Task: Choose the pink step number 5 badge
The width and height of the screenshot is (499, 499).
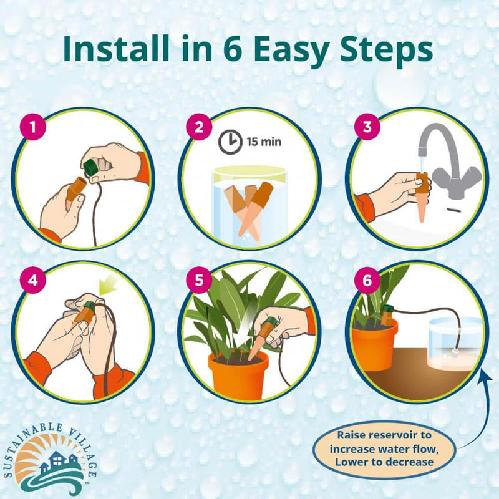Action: pyautogui.click(x=199, y=280)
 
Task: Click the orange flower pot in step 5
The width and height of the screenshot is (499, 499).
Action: pyautogui.click(x=238, y=375)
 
